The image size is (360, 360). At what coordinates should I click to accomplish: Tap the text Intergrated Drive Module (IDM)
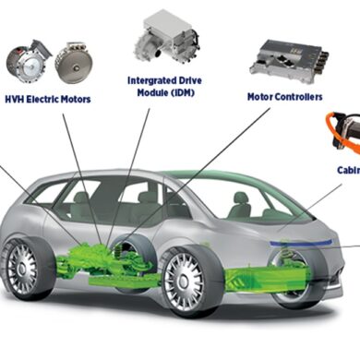pos(167,86)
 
